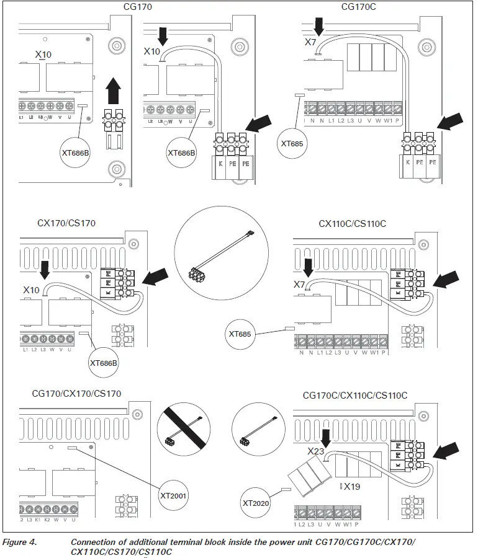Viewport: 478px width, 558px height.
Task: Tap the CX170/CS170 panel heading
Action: point(66,223)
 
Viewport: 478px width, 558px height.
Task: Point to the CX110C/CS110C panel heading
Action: point(352,223)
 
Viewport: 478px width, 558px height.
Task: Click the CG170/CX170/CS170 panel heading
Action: point(76,393)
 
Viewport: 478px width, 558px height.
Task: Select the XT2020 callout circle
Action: point(256,503)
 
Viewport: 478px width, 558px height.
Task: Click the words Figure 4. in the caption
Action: point(19,542)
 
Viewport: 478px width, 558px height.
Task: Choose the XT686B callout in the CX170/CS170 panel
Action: point(104,361)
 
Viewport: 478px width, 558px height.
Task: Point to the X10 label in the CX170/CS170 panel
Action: point(31,290)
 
